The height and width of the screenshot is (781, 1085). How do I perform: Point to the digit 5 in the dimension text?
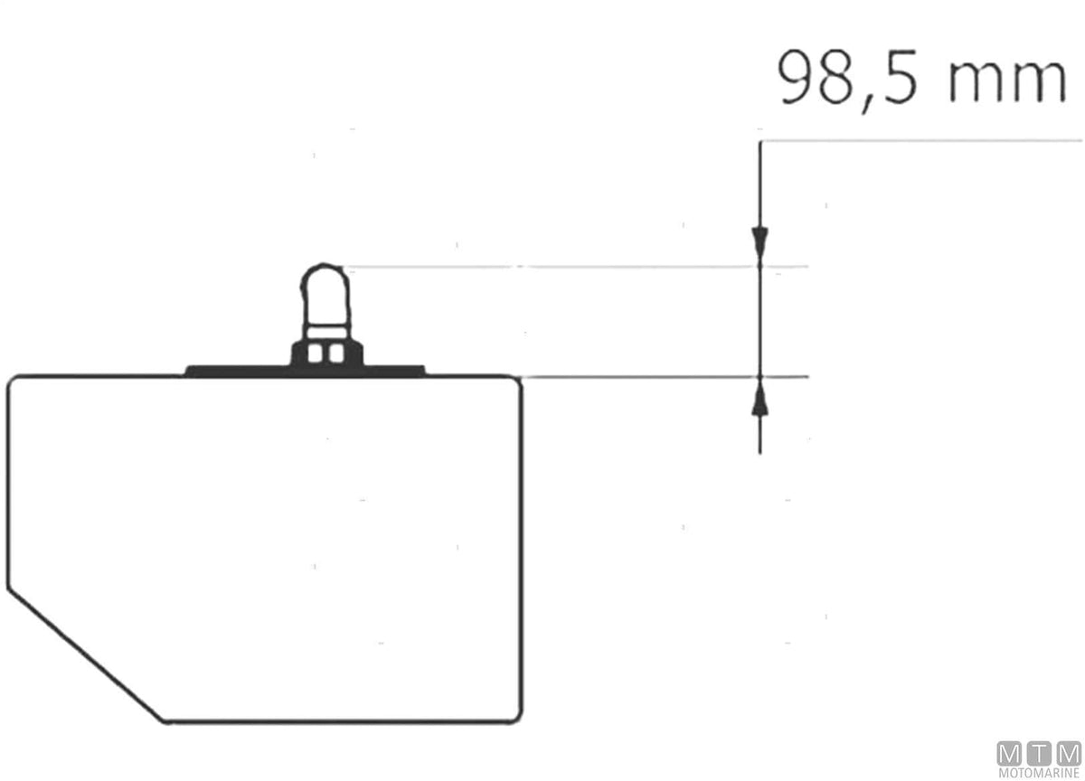click(x=900, y=77)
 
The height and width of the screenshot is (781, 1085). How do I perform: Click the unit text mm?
click(x=1007, y=81)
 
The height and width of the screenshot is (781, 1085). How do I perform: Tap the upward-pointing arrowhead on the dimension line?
click(x=759, y=396)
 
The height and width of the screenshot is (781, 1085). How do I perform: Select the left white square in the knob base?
click(x=315, y=353)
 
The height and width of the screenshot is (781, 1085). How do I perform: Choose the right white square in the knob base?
click(x=335, y=353)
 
